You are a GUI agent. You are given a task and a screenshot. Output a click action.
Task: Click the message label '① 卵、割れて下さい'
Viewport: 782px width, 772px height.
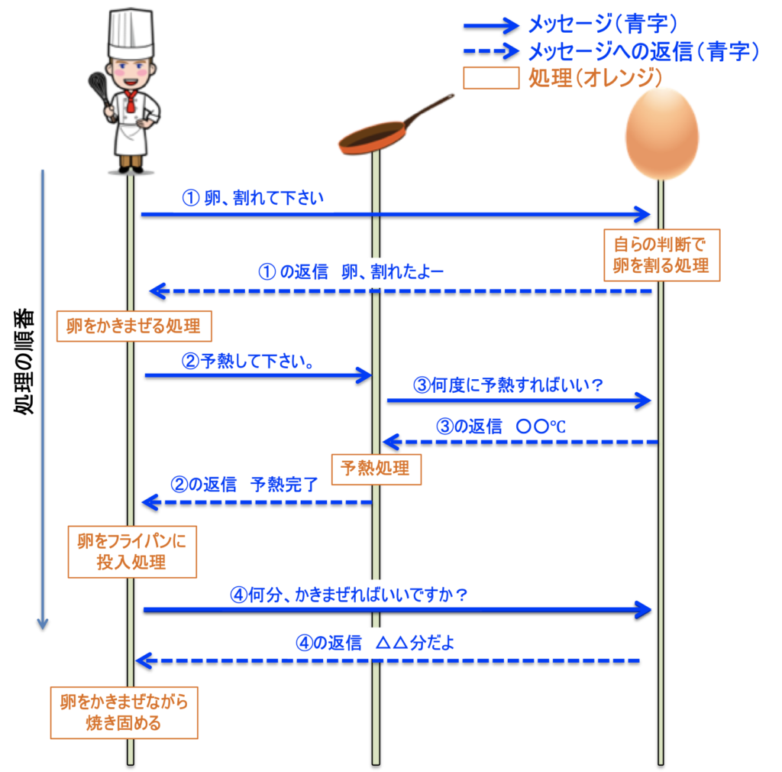[253, 199]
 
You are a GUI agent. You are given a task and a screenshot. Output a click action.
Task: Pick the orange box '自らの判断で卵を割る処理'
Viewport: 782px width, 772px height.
[661, 255]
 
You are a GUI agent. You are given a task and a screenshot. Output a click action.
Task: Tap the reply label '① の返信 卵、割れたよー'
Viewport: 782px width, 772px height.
[352, 272]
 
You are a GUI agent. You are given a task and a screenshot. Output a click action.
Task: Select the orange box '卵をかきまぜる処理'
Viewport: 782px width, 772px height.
[134, 326]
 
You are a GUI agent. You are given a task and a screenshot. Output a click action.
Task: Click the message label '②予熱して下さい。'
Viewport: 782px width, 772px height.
[250, 359]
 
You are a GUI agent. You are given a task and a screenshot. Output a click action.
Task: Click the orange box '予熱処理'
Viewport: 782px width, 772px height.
[375, 468]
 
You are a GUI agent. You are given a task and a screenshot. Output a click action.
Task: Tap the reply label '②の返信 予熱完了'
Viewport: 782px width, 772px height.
[246, 485]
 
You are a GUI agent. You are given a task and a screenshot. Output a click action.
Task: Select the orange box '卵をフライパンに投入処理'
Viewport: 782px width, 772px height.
[132, 551]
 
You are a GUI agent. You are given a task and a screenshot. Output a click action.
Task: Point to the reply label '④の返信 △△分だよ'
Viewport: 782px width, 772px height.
[376, 643]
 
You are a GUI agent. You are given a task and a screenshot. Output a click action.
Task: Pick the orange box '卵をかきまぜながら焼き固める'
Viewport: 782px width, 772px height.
[124, 712]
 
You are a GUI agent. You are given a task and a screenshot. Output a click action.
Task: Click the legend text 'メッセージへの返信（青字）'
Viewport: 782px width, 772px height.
[643, 51]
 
